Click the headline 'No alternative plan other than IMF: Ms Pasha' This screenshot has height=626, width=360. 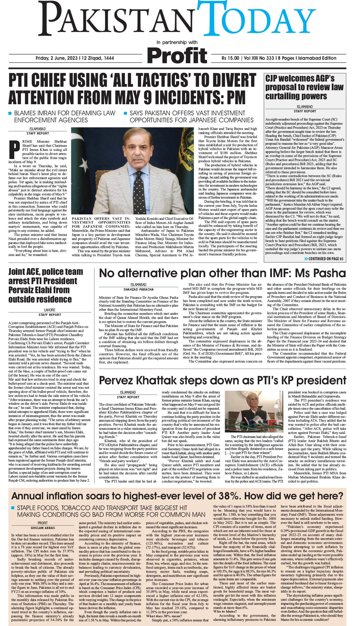[x=222, y=274]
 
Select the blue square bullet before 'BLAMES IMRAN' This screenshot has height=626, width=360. [x=10, y=113]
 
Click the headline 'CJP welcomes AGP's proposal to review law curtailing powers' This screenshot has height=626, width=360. [x=304, y=87]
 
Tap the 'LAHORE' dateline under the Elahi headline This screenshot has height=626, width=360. [x=49, y=310]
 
